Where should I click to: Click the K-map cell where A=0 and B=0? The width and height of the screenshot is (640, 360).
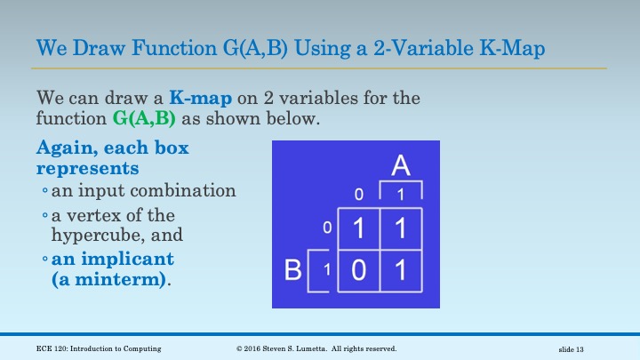pyautogui.click(x=357, y=229)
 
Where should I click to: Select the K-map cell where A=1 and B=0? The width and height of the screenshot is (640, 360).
pyautogui.click(x=400, y=229)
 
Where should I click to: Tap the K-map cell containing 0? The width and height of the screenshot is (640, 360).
pyautogui.click(x=357, y=271)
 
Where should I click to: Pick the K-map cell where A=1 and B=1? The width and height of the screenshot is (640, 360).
pyautogui.click(x=400, y=271)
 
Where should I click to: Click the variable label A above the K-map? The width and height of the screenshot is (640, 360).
pyautogui.click(x=401, y=166)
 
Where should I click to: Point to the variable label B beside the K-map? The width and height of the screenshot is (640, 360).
pyautogui.click(x=292, y=270)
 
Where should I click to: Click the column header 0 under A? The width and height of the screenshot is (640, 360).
pyautogui.click(x=358, y=194)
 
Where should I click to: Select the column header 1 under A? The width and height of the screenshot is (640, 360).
pyautogui.click(x=400, y=194)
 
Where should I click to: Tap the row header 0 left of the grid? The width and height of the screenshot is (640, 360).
pyautogui.click(x=326, y=229)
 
